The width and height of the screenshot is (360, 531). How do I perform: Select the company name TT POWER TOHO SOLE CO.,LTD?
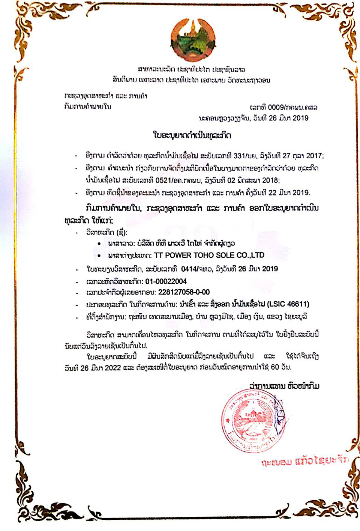point(209,256)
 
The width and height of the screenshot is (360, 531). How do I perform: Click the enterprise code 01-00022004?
point(166,281)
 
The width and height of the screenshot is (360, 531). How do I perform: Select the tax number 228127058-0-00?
point(184,292)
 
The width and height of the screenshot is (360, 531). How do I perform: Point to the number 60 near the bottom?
point(275,367)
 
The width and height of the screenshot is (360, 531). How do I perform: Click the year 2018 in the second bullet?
point(270,181)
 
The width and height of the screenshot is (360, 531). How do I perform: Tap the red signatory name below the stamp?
point(304,461)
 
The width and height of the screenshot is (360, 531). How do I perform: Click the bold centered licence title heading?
point(192,135)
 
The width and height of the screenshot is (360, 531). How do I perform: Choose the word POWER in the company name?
point(178,256)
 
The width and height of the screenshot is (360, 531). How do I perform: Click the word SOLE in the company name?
point(225,256)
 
